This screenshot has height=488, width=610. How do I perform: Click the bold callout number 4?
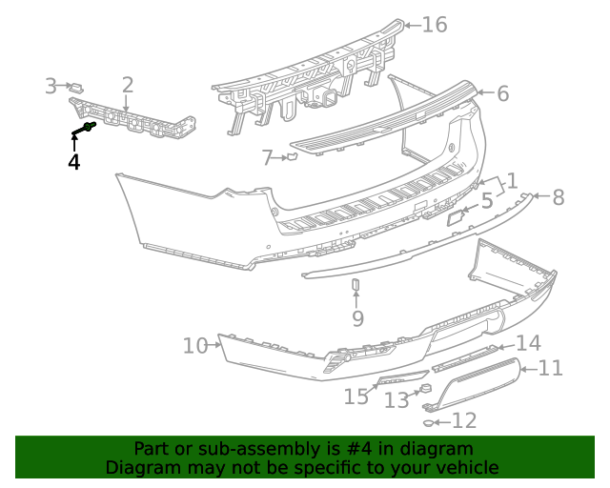click(x=73, y=162)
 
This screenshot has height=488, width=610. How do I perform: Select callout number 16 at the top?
click(x=434, y=25)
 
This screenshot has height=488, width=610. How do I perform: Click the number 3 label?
click(x=51, y=87)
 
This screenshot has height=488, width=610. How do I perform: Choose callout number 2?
click(x=127, y=86)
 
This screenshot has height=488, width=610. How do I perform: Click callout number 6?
click(x=502, y=93)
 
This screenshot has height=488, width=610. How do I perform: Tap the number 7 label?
click(x=268, y=156)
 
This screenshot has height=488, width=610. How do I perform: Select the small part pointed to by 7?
click(x=292, y=155)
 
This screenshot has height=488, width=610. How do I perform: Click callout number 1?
click(x=511, y=180)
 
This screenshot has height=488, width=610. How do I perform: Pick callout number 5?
click(x=486, y=201)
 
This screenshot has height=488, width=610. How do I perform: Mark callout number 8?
click(x=558, y=197)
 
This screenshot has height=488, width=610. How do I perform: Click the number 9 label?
click(x=357, y=317)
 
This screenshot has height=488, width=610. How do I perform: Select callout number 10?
click(x=195, y=345)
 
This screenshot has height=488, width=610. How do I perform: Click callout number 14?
click(x=528, y=343)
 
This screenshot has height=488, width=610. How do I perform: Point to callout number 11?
click(x=551, y=368)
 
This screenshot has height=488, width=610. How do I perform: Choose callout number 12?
click(x=464, y=420)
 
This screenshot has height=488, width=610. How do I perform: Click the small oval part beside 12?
click(x=431, y=421)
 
